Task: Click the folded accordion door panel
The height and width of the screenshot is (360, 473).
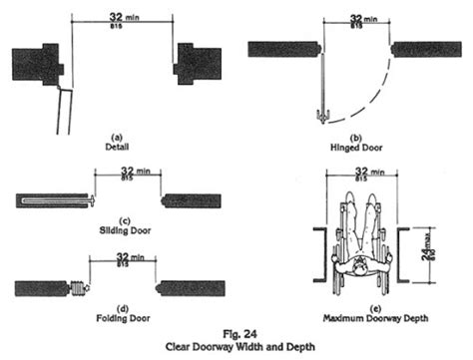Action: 77,289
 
